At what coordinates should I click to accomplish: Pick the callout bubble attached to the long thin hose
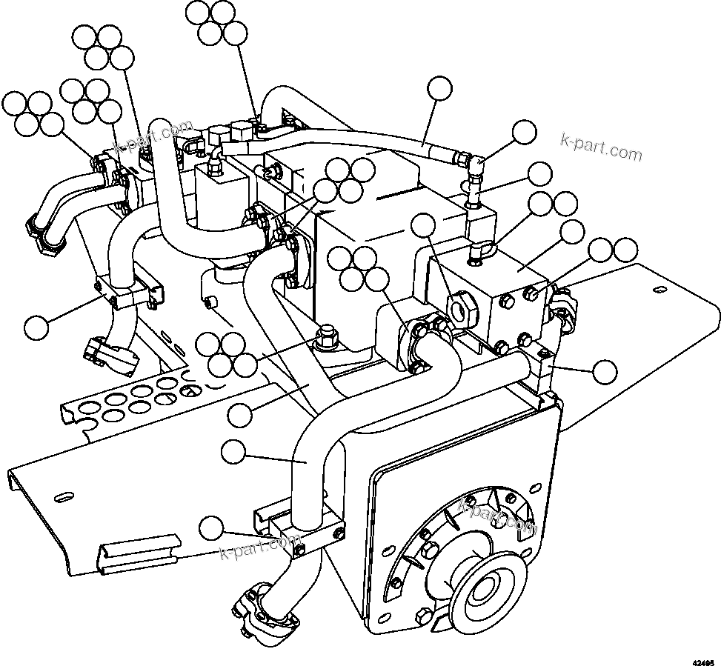pyautogui.click(x=440, y=88)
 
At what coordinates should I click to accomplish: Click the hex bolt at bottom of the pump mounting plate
pyautogui.click(x=424, y=614)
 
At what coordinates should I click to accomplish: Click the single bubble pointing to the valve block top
pyautogui.click(x=572, y=233)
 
